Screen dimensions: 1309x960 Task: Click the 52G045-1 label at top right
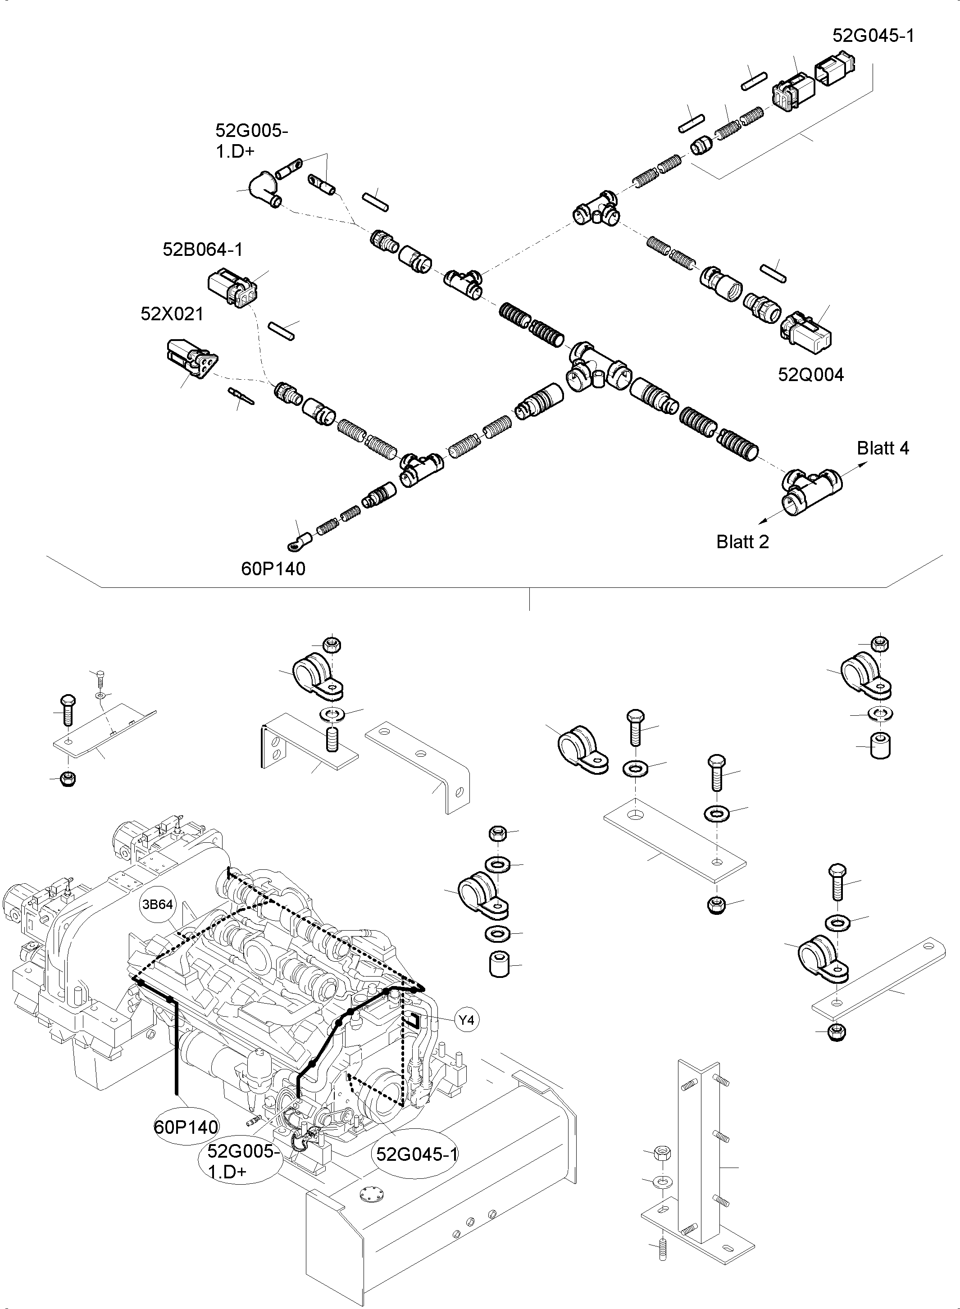tap(873, 36)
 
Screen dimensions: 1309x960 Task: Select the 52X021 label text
tap(172, 314)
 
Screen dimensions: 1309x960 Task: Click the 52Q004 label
tap(810, 375)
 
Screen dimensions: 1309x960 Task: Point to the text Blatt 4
tap(882, 448)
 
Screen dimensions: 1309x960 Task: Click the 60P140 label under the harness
tap(273, 569)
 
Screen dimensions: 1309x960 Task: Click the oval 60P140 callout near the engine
tap(186, 1127)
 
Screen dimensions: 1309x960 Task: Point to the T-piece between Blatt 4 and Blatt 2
tap(809, 488)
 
